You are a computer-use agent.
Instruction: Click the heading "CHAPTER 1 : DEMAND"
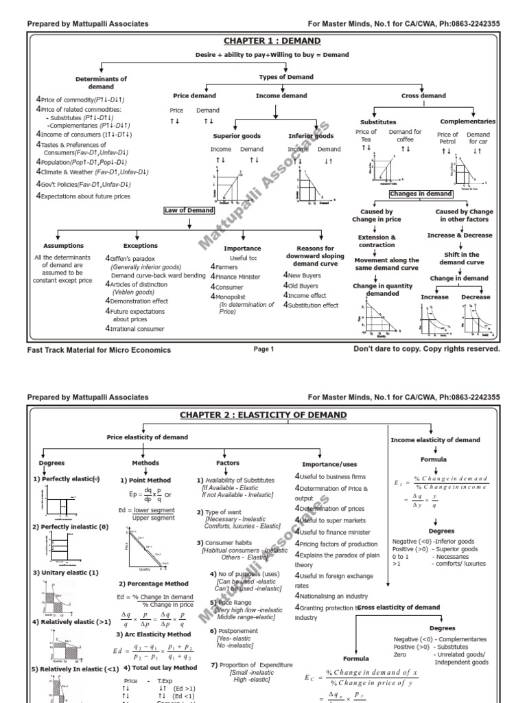tap(263, 41)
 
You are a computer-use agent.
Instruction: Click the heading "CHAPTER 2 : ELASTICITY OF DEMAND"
tap(263, 415)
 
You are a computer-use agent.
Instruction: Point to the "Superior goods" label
tap(235, 136)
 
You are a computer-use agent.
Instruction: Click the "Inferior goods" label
tap(311, 136)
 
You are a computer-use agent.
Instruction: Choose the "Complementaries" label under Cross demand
tap(467, 122)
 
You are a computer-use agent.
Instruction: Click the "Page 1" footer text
tap(263, 349)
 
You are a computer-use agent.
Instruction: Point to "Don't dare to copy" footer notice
tap(426, 349)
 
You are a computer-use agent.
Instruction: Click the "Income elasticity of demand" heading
tap(435, 440)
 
